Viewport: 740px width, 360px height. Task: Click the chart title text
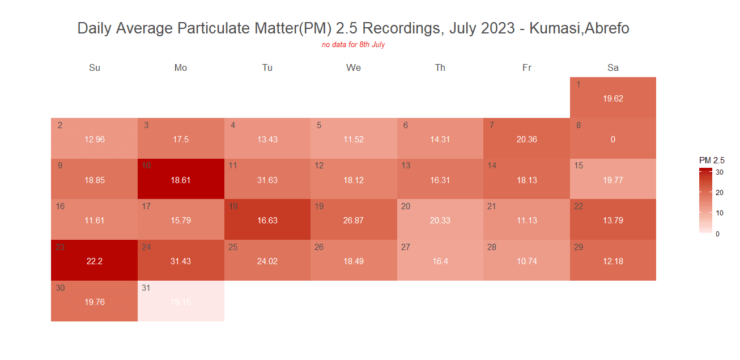pyautogui.click(x=353, y=28)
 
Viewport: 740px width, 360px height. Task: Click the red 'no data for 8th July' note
pyautogui.click(x=353, y=44)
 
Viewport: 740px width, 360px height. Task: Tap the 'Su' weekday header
pyautogui.click(x=95, y=68)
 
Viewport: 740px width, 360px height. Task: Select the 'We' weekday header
pyautogui.click(x=354, y=68)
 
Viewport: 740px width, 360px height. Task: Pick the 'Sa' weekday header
pyautogui.click(x=613, y=68)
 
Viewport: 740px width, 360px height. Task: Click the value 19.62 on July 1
pyautogui.click(x=613, y=99)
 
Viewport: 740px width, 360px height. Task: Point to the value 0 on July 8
pyautogui.click(x=613, y=139)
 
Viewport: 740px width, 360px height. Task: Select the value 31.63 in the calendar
pyautogui.click(x=267, y=180)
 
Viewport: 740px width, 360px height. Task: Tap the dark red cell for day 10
pyautogui.click(x=181, y=178)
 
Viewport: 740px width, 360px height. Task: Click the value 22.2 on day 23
pyautogui.click(x=95, y=261)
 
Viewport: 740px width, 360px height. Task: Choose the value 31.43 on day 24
pyautogui.click(x=181, y=261)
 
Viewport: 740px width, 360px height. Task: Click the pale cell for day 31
pyautogui.click(x=181, y=301)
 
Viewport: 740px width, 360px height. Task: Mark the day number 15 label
pyautogui.click(x=579, y=166)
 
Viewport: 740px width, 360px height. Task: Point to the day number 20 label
pyautogui.click(x=406, y=206)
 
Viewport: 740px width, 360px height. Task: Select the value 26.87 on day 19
pyautogui.click(x=354, y=221)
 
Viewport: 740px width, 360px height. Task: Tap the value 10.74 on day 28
pyautogui.click(x=527, y=261)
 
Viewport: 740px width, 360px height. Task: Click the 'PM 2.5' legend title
pyautogui.click(x=712, y=160)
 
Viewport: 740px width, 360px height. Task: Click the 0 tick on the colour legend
pyautogui.click(x=718, y=233)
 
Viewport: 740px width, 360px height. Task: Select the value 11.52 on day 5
pyautogui.click(x=354, y=139)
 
